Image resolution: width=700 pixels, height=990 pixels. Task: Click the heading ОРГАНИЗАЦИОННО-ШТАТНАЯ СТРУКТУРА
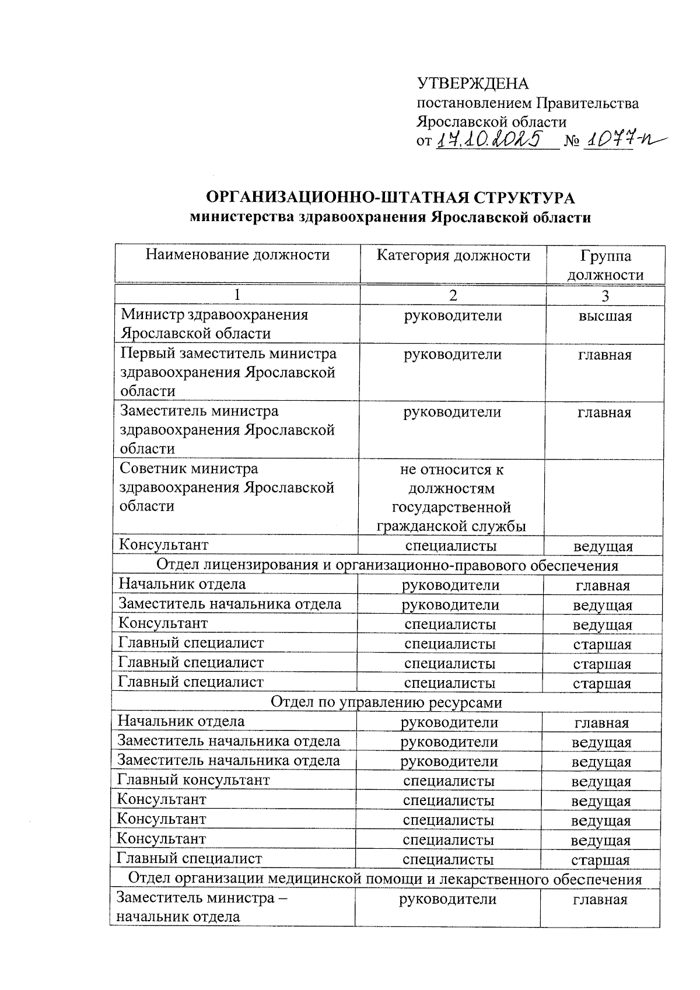click(390, 198)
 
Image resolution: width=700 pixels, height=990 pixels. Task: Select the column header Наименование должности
click(237, 255)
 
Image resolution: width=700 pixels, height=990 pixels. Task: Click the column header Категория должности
click(453, 256)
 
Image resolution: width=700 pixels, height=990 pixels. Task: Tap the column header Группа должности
click(605, 265)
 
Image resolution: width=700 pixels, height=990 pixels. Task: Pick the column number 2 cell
click(453, 296)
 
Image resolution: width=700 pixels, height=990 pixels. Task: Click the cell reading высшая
click(605, 317)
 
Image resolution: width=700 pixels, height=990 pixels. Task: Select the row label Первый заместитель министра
click(228, 354)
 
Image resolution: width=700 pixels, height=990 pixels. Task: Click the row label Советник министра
click(189, 469)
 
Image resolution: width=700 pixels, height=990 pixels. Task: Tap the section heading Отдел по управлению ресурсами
click(386, 702)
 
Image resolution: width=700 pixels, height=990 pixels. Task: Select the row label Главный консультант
click(194, 781)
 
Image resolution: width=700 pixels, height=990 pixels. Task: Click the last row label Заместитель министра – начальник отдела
click(201, 907)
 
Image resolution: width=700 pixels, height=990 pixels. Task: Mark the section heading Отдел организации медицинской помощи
click(385, 879)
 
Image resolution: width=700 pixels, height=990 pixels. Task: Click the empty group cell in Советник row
click(604, 498)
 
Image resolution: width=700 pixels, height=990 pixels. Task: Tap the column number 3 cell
click(605, 296)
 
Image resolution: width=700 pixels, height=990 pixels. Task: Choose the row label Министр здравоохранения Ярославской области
click(214, 324)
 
